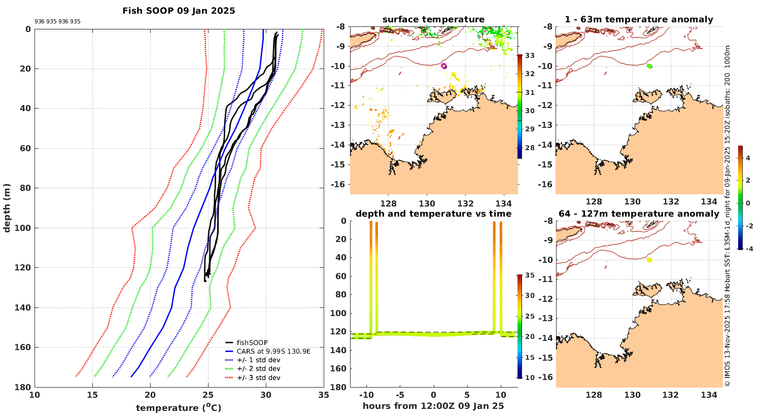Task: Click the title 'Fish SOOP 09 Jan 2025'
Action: pos(179,11)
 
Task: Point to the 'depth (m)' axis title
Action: pos(7,208)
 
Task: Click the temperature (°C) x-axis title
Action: pos(179,408)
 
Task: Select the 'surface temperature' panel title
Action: pos(433,20)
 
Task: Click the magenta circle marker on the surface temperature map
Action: pos(444,65)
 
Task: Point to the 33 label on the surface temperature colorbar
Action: pos(530,55)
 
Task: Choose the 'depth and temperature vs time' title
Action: pos(433,214)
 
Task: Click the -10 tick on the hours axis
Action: pos(366,395)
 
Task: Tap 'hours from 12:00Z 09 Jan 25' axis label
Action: pos(433,406)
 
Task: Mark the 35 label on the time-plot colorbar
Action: pos(530,275)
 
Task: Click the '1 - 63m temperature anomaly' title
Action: pos(639,20)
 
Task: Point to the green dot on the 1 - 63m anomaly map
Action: pos(650,66)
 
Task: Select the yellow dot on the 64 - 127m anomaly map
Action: pos(649,260)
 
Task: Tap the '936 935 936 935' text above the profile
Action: pos(57,22)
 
